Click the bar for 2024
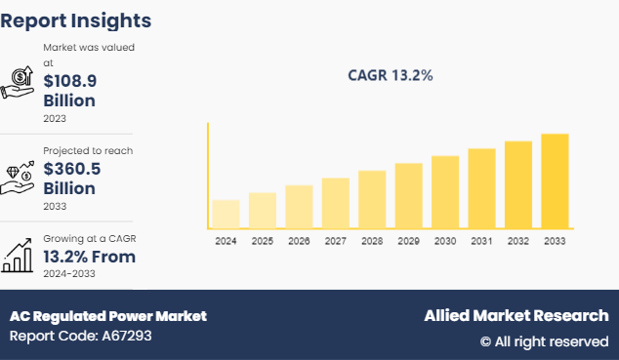coord(226,215)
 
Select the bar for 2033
coord(555,181)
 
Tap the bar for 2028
coord(372,200)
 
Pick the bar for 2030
coord(445,192)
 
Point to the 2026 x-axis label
coord(299,241)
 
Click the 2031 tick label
coord(481,241)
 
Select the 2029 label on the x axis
coord(408,241)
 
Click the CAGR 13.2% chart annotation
coord(391,75)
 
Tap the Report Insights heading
coord(76,20)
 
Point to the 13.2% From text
coord(89,257)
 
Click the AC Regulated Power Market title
coord(108,316)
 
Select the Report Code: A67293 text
coord(81,337)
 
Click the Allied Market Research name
coord(516,316)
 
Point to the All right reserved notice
coord(544,341)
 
